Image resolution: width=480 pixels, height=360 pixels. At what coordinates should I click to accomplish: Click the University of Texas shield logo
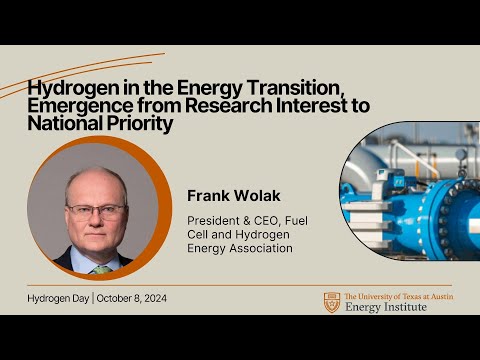331,302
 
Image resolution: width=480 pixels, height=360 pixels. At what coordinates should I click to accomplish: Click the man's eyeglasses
96,210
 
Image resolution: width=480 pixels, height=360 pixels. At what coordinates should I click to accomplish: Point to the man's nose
97,222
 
